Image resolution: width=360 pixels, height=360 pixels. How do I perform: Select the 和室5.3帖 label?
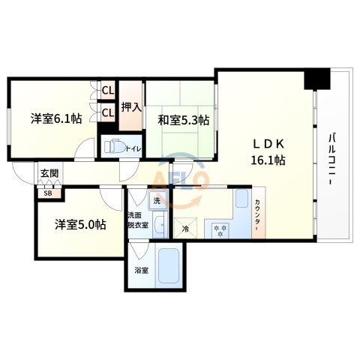click(x=183, y=118)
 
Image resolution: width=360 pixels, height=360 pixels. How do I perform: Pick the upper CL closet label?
click(x=107, y=91)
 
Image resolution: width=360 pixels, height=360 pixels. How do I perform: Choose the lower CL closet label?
click(x=107, y=112)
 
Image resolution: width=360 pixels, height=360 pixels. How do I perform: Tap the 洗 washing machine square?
click(x=157, y=200)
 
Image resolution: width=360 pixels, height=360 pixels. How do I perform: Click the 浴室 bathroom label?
click(x=140, y=269)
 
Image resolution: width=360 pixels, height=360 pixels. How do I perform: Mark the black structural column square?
click(x=317, y=79)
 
